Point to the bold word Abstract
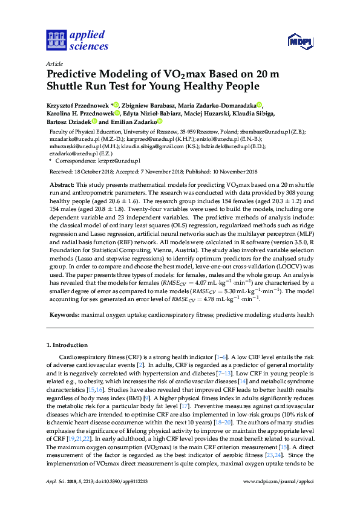click(x=62, y=183)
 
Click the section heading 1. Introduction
click(x=67, y=345)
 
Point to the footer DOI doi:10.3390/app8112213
click(x=119, y=498)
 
